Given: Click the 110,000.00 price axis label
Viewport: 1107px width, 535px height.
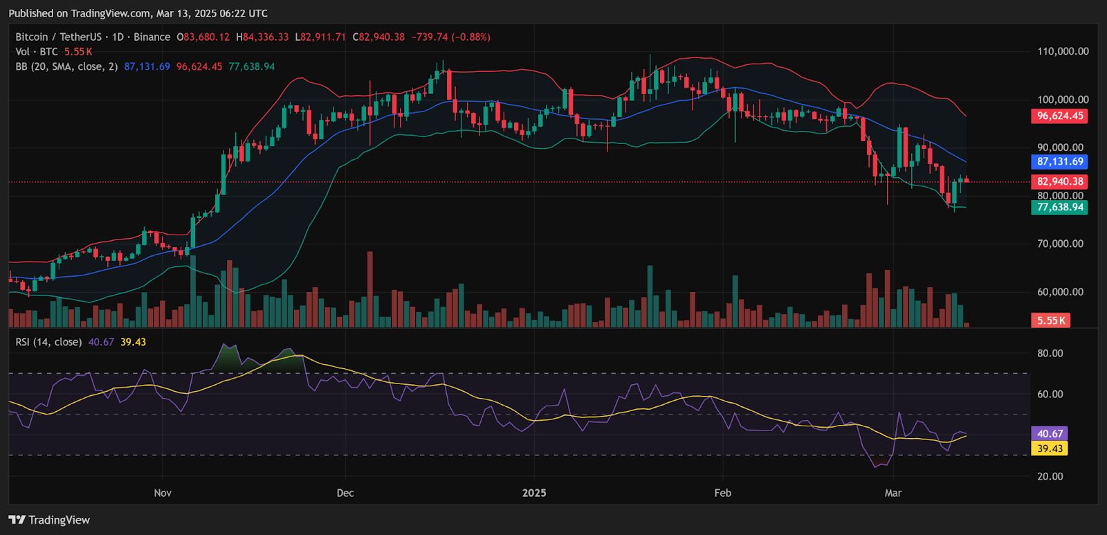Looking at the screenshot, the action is pyautogui.click(x=1063, y=51).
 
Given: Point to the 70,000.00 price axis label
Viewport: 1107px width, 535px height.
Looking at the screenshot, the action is pyautogui.click(x=1060, y=243).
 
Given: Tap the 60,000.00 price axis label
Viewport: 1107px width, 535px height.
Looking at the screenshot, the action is pyautogui.click(x=1060, y=292).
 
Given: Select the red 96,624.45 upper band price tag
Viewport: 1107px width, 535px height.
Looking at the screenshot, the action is pyautogui.click(x=1059, y=116).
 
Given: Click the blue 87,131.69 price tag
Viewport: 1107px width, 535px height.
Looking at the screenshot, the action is pyautogui.click(x=1059, y=162).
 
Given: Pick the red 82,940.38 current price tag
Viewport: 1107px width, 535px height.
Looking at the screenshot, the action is pyautogui.click(x=1059, y=181).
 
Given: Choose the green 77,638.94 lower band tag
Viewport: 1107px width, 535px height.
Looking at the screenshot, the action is pyautogui.click(x=1059, y=207).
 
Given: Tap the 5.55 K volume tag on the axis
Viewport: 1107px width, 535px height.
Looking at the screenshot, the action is pyautogui.click(x=1051, y=320).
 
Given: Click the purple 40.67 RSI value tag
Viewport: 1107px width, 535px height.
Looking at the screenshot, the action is pyautogui.click(x=1050, y=434).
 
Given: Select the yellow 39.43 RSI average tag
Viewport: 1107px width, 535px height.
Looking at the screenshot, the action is pyautogui.click(x=1050, y=448).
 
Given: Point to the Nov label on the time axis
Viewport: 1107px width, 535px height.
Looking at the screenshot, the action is pyautogui.click(x=163, y=493).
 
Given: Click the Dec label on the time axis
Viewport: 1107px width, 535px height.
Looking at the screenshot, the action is pyautogui.click(x=345, y=493).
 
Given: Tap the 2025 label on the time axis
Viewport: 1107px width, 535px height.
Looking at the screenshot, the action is pyautogui.click(x=534, y=493).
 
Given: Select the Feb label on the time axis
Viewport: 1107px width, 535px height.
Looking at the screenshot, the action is pyautogui.click(x=722, y=493).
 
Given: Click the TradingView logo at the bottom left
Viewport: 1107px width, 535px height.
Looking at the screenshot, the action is pyautogui.click(x=49, y=520).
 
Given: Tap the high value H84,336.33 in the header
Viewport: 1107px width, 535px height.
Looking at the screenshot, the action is pyautogui.click(x=262, y=37).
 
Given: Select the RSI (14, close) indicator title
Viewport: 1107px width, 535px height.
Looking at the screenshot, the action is pyautogui.click(x=48, y=342).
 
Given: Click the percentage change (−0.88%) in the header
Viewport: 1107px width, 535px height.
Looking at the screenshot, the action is pyautogui.click(x=471, y=37).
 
